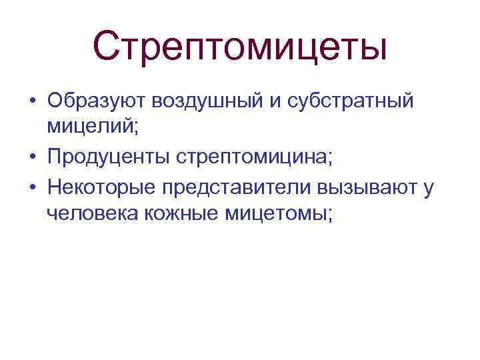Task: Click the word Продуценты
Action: pyautogui.click(x=109, y=157)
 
